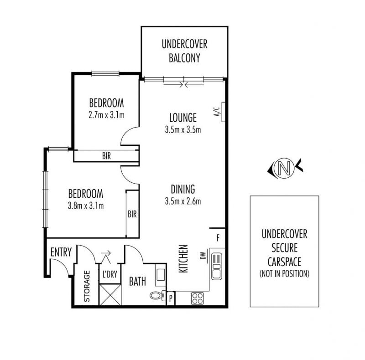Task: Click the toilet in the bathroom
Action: click(157, 295)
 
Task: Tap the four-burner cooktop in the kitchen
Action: click(198, 298)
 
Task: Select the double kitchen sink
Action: click(217, 267)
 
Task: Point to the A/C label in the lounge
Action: click(217, 112)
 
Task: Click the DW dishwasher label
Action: click(203, 256)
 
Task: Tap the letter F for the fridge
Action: click(218, 238)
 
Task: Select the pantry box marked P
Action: click(171, 298)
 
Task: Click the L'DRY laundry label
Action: click(110, 274)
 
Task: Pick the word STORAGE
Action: click(87, 286)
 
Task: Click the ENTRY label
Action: click(61, 252)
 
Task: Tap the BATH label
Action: click(138, 282)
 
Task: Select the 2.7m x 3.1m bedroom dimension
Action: click(106, 115)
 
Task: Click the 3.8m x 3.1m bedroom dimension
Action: click(86, 206)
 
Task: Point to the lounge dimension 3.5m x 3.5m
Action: click(183, 129)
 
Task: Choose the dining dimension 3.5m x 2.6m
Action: click(183, 201)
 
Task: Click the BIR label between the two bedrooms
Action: click(106, 156)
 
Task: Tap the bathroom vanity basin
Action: click(161, 275)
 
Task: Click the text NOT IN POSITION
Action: click(284, 273)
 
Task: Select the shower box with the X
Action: click(110, 294)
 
